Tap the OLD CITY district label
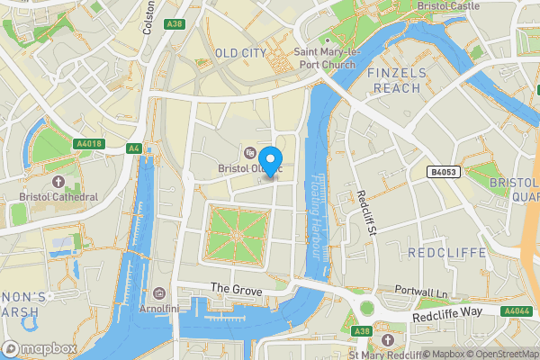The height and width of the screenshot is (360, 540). click(x=240, y=53)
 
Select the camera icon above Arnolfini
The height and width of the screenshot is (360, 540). click(x=159, y=292)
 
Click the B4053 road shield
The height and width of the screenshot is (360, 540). click(x=443, y=171)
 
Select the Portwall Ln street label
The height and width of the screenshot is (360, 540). click(x=421, y=293)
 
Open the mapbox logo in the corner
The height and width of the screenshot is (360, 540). click(x=40, y=347)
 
